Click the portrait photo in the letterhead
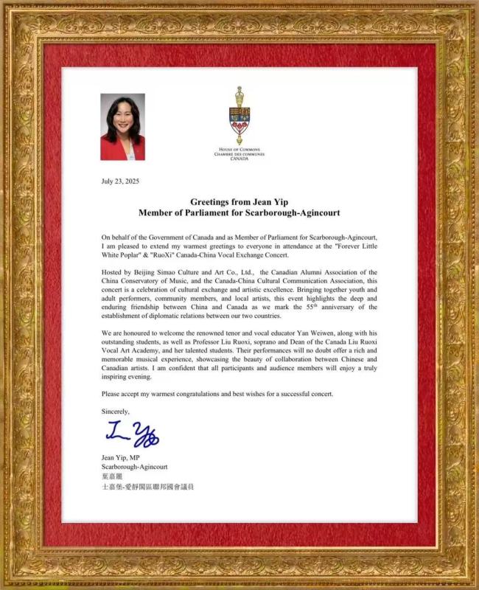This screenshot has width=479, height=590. (122, 126)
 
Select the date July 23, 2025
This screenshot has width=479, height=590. (119, 181)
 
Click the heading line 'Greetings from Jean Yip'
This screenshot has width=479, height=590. (239, 201)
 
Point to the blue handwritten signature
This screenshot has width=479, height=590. (132, 434)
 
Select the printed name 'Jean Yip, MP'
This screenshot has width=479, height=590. (120, 457)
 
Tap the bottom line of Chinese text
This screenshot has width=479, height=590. (147, 487)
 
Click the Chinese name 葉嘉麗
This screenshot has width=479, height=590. (113, 476)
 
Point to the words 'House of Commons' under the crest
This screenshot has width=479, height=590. (239, 150)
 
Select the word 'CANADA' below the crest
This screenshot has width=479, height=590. (239, 159)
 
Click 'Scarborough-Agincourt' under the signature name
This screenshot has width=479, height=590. (135, 467)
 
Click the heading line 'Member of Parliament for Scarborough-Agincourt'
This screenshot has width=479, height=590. (239, 212)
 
